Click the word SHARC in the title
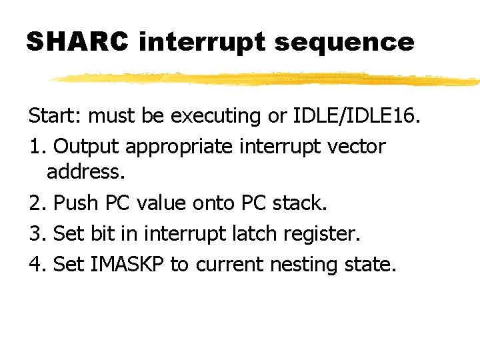77,41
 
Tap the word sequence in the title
344,43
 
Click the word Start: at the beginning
55,116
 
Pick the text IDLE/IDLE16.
357,116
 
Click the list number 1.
35,146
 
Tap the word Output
86,146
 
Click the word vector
354,146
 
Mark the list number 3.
35,234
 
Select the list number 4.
35,264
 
